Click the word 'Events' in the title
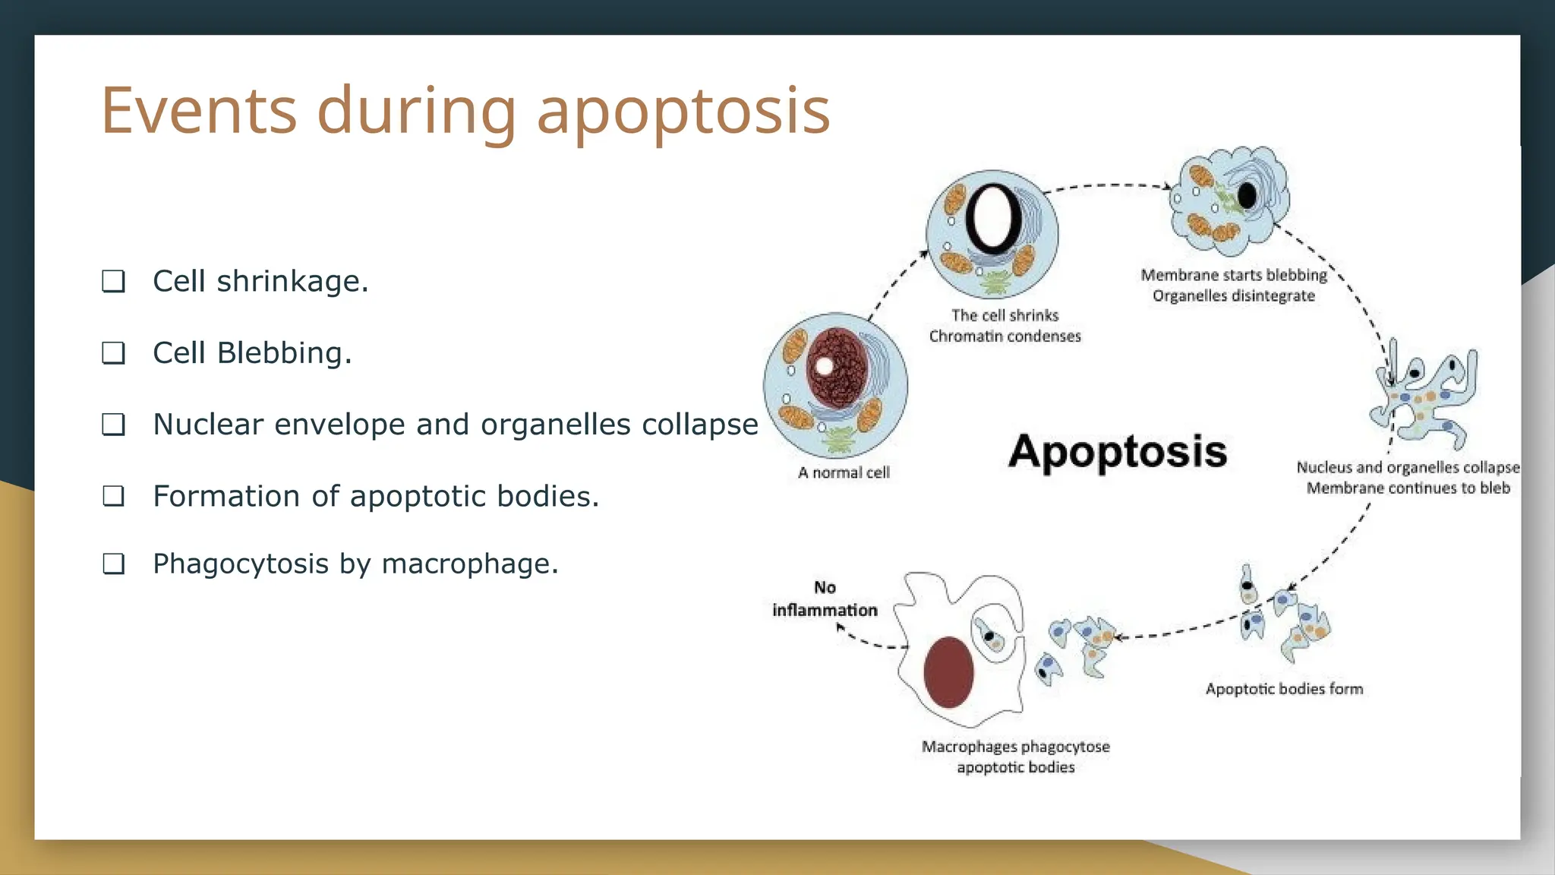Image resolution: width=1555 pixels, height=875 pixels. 199,111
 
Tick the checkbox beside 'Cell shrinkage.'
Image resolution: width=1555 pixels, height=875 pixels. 113,281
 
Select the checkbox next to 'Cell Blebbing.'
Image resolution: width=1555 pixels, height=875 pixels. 113,352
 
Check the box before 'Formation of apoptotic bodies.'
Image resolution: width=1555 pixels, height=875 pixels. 113,496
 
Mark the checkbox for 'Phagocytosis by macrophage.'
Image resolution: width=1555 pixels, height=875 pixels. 113,564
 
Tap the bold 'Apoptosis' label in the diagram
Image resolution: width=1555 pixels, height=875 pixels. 1117,452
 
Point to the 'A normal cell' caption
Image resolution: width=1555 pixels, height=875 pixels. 844,472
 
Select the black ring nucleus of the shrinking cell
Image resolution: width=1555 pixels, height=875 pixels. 993,218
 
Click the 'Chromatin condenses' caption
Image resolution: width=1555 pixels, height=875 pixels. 1005,336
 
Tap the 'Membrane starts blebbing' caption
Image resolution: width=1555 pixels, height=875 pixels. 1234,275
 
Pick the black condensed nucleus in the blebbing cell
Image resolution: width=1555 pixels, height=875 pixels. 1247,196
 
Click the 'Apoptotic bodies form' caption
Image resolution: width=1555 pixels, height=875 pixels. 1284,689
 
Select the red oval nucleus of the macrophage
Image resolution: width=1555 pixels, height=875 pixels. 948,672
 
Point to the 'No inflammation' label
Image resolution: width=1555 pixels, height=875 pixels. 825,599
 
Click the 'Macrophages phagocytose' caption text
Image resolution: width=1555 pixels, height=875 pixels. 1015,747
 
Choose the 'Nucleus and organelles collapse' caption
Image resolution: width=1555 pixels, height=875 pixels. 1408,468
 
